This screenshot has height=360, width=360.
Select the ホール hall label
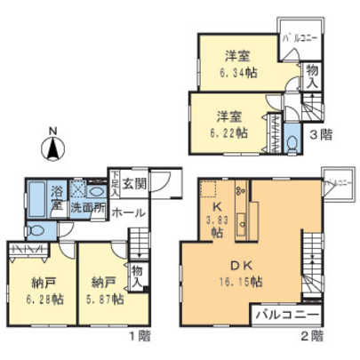129,214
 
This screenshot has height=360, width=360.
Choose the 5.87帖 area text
108,300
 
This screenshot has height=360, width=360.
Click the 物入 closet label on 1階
137,276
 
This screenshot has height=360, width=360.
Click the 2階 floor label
311,335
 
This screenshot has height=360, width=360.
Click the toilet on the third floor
295,142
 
